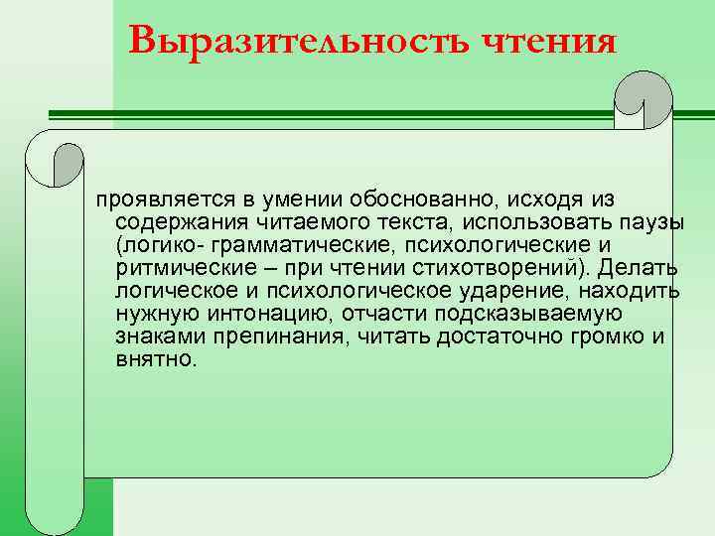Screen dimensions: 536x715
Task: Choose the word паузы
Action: (x=651, y=223)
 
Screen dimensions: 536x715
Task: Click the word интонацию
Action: (x=265, y=315)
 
